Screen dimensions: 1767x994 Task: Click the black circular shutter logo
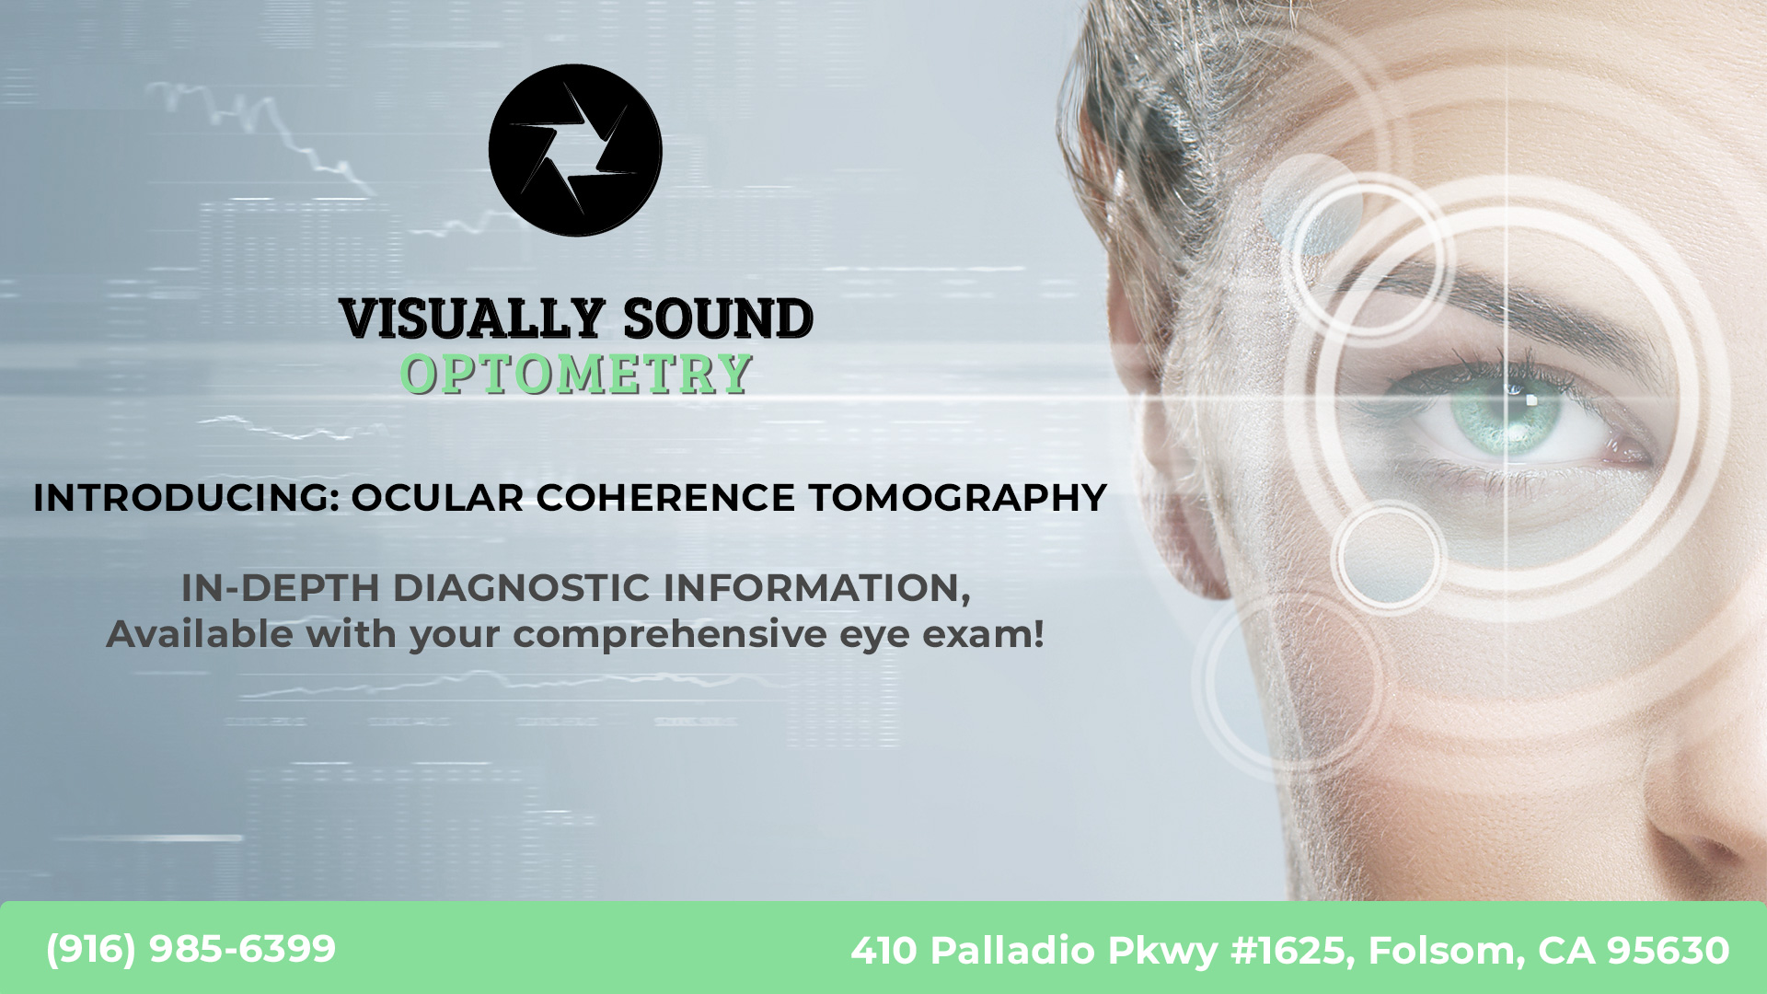[x=575, y=150]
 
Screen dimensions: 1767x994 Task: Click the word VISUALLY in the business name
[x=471, y=318]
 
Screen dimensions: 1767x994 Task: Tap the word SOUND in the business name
[x=718, y=318]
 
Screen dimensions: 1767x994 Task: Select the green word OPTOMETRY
[x=577, y=375]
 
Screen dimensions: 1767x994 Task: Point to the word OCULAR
[x=437, y=498]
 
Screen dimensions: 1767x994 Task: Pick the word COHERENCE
[x=665, y=498]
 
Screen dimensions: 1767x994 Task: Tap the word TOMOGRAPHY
[x=957, y=498]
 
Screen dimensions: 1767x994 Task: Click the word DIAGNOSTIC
[x=521, y=588]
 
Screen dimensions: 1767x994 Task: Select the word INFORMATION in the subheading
[x=816, y=589]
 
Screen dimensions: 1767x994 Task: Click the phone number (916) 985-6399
[x=191, y=949]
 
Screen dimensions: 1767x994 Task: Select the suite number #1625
[x=1293, y=951]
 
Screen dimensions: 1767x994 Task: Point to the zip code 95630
[x=1668, y=951]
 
